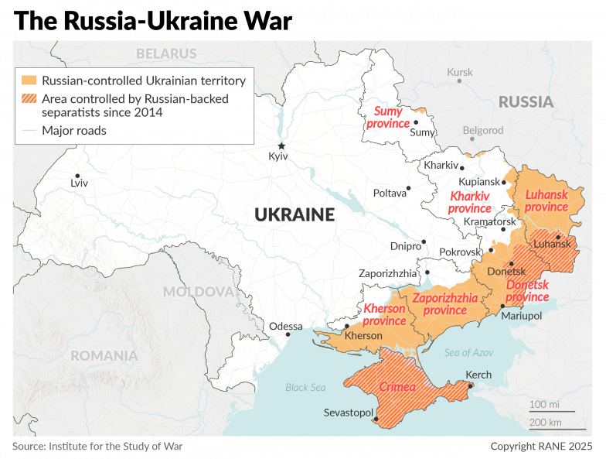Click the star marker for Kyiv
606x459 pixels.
(x=281, y=146)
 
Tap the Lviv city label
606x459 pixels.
(x=79, y=183)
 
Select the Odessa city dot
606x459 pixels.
(x=288, y=334)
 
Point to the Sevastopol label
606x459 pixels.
(x=349, y=413)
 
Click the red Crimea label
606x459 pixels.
(x=397, y=386)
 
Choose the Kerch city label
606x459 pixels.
(x=478, y=375)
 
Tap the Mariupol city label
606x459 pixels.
(x=521, y=316)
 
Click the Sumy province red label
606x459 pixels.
(x=388, y=117)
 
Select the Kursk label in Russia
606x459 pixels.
(x=460, y=72)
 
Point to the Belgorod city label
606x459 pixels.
(x=483, y=130)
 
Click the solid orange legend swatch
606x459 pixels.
(x=29, y=80)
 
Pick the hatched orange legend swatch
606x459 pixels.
(x=29, y=98)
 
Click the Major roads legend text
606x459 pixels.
(x=74, y=131)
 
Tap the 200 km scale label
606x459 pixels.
(x=545, y=422)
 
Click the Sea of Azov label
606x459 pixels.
(x=468, y=352)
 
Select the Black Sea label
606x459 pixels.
(x=306, y=387)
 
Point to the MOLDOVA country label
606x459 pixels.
(x=198, y=292)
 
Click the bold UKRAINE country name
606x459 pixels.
(x=294, y=214)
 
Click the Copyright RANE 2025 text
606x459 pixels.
(x=541, y=447)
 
